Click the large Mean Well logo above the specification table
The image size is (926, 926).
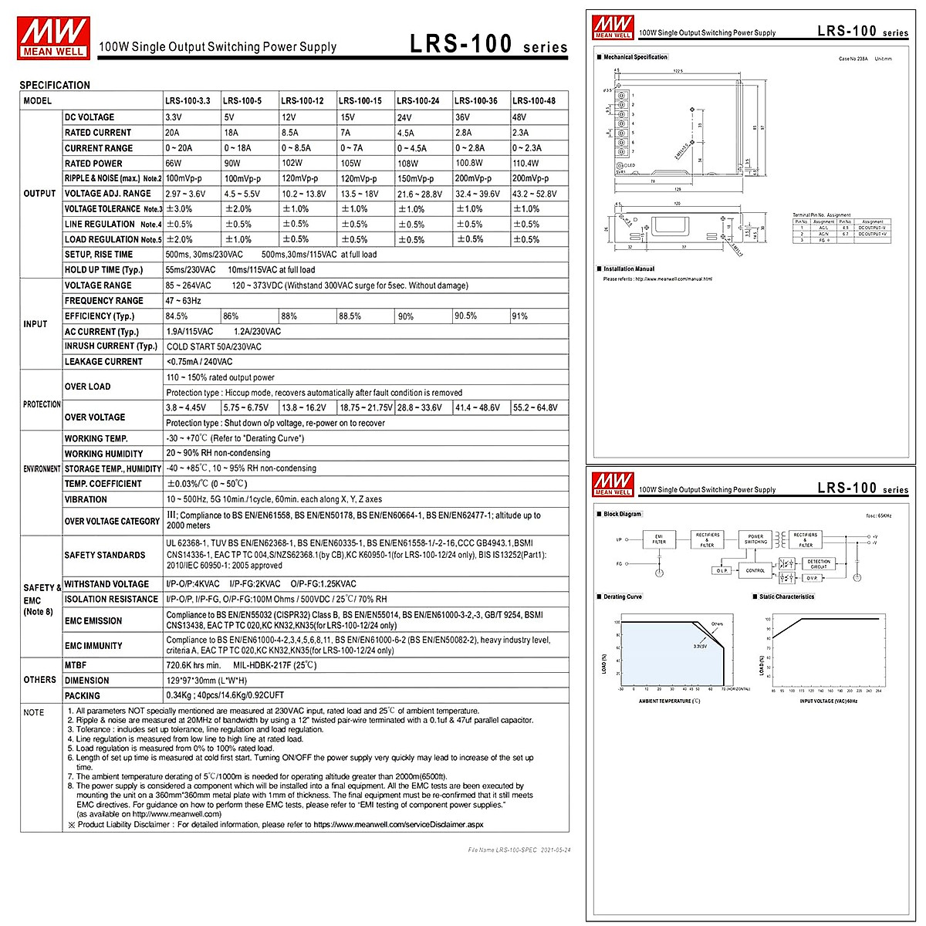(53, 37)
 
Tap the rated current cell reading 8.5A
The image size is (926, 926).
(290, 133)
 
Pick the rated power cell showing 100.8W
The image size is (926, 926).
(469, 163)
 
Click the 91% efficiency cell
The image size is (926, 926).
(520, 316)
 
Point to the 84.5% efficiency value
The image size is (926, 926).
(177, 316)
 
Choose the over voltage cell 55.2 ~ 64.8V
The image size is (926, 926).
(535, 407)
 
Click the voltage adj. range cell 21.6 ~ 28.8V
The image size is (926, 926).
(420, 194)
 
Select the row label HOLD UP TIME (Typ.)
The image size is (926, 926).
(103, 270)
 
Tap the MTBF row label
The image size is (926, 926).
(76, 665)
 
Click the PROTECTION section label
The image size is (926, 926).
(42, 404)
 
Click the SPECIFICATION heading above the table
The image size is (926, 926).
(55, 85)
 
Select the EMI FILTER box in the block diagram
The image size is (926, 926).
(659, 539)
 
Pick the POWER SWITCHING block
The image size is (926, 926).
(755, 539)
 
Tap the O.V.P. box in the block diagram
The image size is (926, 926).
(812, 577)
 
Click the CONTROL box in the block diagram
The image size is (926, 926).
(755, 570)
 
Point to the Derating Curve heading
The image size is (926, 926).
(623, 596)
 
